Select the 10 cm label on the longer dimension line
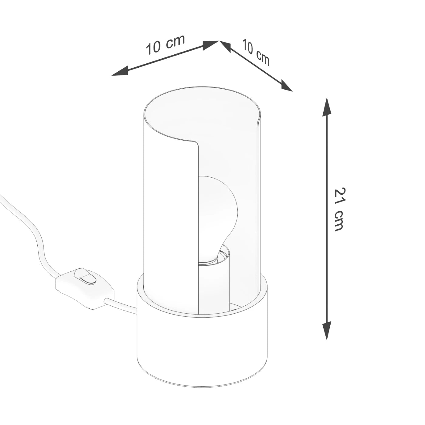point(165,45)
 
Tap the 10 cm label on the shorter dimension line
point(256,52)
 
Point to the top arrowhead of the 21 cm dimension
point(327,106)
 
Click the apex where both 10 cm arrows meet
point(219,41)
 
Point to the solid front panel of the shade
point(170,212)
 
